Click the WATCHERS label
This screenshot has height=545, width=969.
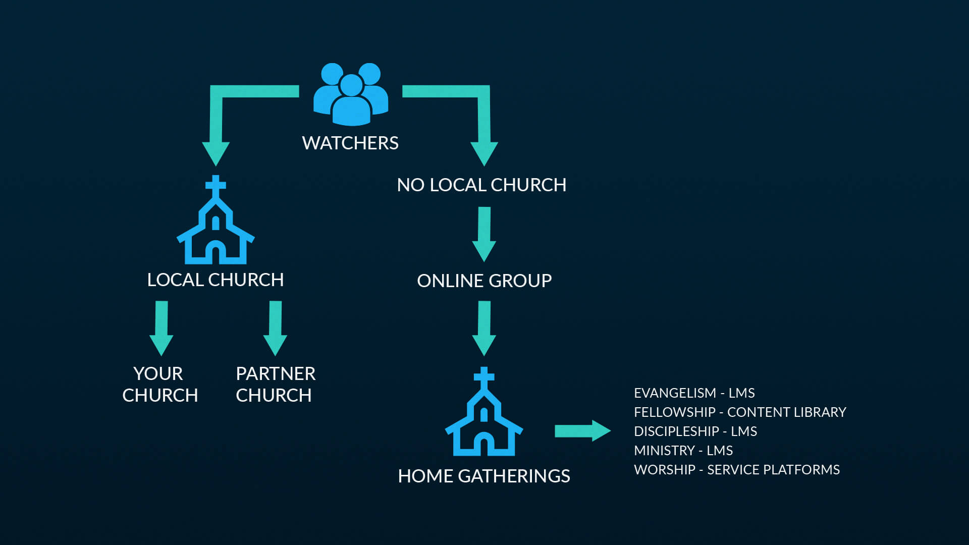point(350,143)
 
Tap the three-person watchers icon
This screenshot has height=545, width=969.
point(351,94)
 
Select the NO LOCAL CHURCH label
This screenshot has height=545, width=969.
point(481,185)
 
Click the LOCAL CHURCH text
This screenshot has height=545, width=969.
point(216,280)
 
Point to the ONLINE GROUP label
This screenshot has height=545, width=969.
point(484,281)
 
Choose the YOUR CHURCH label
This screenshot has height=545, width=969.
point(160,385)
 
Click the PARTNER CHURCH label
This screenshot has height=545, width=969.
point(276,385)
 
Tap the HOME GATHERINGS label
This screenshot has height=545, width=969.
point(484,476)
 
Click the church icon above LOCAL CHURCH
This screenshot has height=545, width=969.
point(216,220)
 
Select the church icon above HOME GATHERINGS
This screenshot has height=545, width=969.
point(484,412)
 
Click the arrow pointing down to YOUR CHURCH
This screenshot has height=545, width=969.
point(161,328)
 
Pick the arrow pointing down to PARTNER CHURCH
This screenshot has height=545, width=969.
point(276,328)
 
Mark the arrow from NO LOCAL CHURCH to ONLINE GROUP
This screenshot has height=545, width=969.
point(484,234)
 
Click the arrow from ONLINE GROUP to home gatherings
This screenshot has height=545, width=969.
point(484,328)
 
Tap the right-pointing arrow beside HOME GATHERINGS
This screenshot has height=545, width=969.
point(583,431)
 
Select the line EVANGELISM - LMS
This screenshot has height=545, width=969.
point(694,393)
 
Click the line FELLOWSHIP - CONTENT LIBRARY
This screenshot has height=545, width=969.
point(740,412)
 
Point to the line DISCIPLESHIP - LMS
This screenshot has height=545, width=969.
point(695,431)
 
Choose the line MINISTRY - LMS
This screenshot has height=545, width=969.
point(683,451)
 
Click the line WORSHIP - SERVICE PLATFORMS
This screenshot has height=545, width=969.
point(737,470)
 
